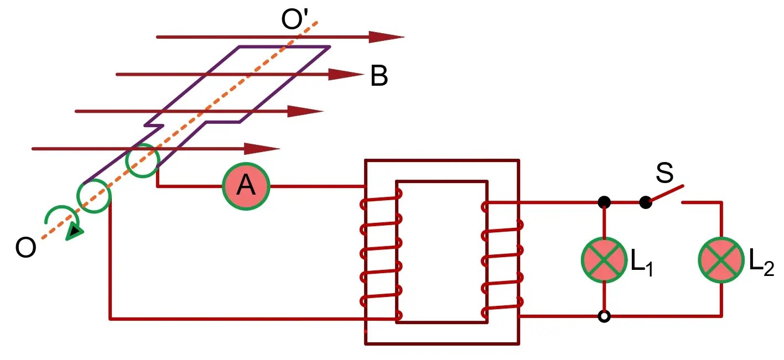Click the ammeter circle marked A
(246, 186)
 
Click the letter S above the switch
(664, 173)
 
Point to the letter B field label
(379, 77)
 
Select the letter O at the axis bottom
(25, 248)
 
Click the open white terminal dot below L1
(604, 317)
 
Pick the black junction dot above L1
(604, 202)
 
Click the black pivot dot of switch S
(645, 202)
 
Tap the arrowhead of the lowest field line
(262, 148)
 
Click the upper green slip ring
(143, 160)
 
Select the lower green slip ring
(94, 196)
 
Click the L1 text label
(642, 264)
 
